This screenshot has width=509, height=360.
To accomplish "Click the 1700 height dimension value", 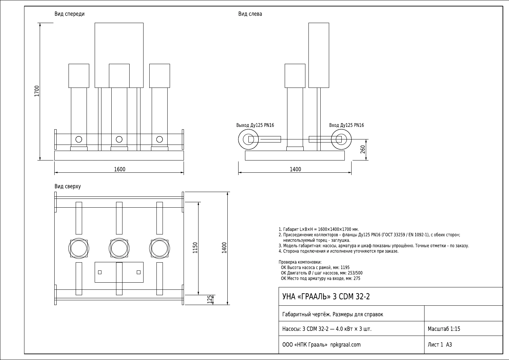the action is [37, 91].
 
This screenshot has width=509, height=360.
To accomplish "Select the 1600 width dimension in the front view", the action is [119, 169].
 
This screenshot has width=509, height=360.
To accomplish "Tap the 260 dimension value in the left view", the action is [363, 149].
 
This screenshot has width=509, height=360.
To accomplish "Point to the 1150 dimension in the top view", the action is [195, 248].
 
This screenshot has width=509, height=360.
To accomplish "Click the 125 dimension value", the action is [210, 300].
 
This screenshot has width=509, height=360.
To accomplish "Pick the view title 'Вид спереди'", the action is [70, 14].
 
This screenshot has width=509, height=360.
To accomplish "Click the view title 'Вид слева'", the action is [250, 14].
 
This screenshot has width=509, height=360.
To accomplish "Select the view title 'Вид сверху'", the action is [68, 186].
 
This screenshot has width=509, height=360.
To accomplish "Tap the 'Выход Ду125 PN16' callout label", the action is [255, 125].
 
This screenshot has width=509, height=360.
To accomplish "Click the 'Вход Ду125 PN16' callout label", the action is [346, 125].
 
